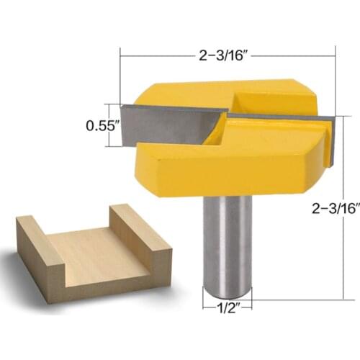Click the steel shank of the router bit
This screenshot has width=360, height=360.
click(x=227, y=238)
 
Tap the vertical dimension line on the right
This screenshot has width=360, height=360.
click(x=336, y=144)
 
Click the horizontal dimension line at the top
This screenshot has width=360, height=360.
click(x=166, y=53)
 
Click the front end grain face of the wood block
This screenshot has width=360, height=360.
click(x=108, y=277)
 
